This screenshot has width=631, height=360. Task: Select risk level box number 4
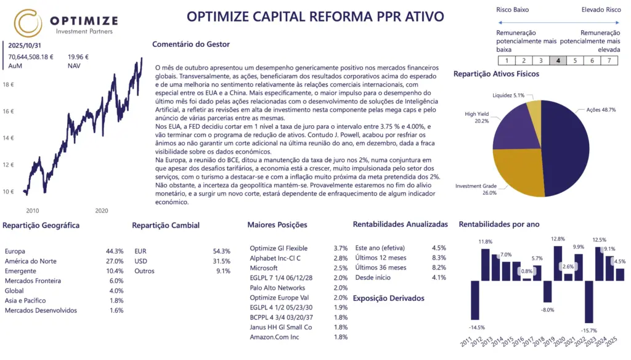click(x=558, y=60)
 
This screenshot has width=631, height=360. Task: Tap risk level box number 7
click(x=609, y=60)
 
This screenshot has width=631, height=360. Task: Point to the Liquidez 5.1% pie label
click(x=508, y=96)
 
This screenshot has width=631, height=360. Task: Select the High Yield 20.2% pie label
click(x=478, y=118)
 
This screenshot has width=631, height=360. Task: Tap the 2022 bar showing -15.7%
click(x=589, y=301)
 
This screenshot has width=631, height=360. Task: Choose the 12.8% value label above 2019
click(x=558, y=239)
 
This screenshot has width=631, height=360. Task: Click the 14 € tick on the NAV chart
click(x=9, y=138)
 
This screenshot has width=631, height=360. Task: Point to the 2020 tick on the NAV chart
click(x=102, y=210)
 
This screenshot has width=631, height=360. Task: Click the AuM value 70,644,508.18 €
click(x=31, y=57)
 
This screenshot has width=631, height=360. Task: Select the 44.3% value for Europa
click(x=115, y=252)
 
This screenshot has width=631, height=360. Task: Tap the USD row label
click(x=141, y=261)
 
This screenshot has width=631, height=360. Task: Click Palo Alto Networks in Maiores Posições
click(x=277, y=288)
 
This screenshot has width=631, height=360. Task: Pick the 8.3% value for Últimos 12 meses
click(x=439, y=258)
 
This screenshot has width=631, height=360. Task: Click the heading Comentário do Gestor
click(x=190, y=44)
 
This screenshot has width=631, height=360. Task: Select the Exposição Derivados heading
click(x=388, y=298)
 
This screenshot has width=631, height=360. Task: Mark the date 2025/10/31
click(x=25, y=46)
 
